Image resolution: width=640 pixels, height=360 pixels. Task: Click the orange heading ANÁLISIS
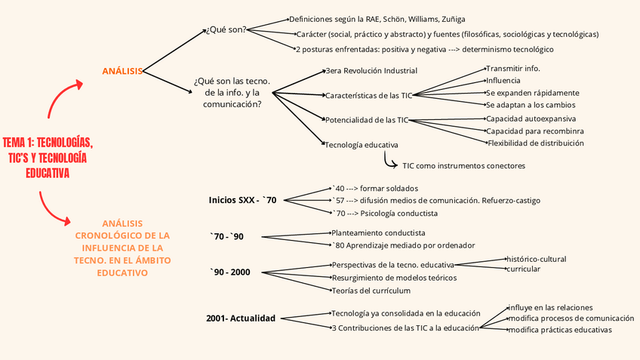[x=122, y=71]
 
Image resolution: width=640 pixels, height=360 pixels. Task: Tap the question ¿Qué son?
[x=226, y=31]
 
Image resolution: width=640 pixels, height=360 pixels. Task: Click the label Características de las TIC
[x=369, y=96]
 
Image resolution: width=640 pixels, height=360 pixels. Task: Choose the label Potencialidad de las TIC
[x=366, y=119]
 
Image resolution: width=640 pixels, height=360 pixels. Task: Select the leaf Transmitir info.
[x=512, y=69]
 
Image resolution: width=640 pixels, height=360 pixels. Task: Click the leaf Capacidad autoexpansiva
[x=531, y=118]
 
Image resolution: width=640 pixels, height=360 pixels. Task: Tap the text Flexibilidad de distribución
[x=536, y=143]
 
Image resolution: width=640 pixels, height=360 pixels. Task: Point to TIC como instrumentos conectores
[x=463, y=165]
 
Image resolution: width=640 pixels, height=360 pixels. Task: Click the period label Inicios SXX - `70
[x=243, y=200]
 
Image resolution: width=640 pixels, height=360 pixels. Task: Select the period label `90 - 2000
[x=230, y=272]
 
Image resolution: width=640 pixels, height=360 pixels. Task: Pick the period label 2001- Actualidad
[x=241, y=318]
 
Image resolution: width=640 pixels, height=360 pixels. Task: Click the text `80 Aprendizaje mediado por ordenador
[x=403, y=245]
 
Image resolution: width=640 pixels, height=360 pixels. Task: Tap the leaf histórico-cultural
[x=536, y=259]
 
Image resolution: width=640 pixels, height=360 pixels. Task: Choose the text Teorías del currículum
[x=371, y=291]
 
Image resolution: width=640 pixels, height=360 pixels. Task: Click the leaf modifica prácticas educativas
[x=559, y=330]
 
